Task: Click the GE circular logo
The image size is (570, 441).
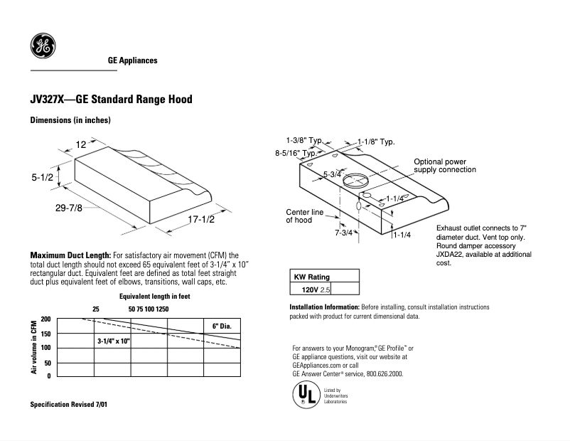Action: (43, 46)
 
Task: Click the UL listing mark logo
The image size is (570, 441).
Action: (306, 395)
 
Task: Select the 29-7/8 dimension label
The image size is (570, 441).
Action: (69, 208)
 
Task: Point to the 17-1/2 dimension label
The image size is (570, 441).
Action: (201, 219)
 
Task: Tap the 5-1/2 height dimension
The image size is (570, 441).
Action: (42, 178)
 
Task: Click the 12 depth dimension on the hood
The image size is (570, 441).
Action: (81, 145)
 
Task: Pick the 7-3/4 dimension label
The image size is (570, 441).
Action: (343, 233)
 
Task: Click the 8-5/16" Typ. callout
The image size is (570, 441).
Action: (296, 153)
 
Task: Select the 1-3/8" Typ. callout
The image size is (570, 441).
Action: (304, 140)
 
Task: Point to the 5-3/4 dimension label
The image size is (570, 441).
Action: (332, 175)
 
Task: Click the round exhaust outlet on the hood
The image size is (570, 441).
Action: (356, 181)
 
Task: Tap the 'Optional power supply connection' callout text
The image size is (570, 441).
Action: (445, 166)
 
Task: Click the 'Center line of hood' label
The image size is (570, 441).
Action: (304, 216)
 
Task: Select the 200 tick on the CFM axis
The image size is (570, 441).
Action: (45, 319)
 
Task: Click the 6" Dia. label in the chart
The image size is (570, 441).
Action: (222, 326)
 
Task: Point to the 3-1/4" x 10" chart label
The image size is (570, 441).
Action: (114, 341)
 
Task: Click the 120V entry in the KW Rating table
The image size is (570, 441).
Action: (310, 289)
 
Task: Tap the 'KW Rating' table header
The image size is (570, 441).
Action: (312, 277)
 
